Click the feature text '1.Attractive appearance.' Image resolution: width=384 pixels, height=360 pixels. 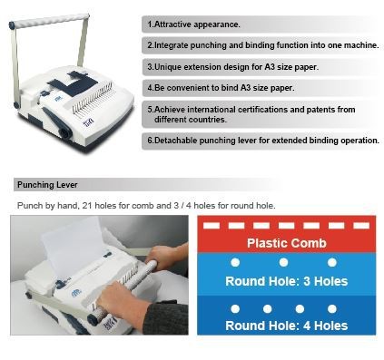[193, 24]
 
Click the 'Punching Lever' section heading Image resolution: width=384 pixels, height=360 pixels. [47, 185]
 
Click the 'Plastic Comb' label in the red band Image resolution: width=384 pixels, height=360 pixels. [287, 243]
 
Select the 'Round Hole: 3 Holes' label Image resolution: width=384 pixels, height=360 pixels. [287, 281]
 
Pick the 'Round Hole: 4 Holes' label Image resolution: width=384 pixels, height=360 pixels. [287, 326]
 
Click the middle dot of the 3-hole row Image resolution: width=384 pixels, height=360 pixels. [283, 262]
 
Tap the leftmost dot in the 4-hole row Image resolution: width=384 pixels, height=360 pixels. [235, 308]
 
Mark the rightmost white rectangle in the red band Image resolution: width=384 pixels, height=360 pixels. [361, 226]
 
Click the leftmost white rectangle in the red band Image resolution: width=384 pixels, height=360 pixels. [212, 226]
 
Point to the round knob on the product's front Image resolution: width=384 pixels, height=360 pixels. [65, 132]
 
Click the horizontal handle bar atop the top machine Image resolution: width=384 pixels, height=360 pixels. [50, 21]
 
